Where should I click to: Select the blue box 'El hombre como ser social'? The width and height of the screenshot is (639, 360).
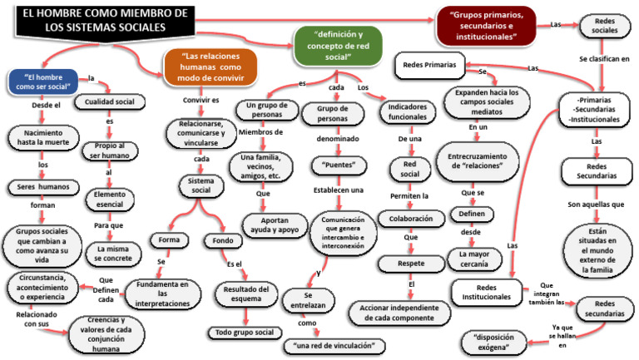[42, 82]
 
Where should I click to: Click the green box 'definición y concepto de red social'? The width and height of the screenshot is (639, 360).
[337, 47]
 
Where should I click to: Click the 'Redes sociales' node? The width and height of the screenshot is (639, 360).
[605, 27]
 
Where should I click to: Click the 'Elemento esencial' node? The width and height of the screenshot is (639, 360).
[111, 198]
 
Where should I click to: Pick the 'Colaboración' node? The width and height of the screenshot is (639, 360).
[408, 218]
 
